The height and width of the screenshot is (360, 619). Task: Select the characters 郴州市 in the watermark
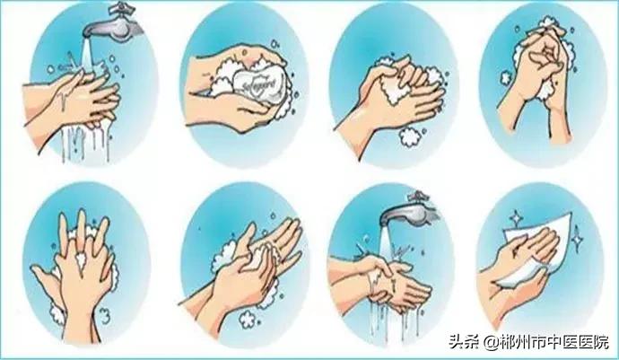pos(525,342)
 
